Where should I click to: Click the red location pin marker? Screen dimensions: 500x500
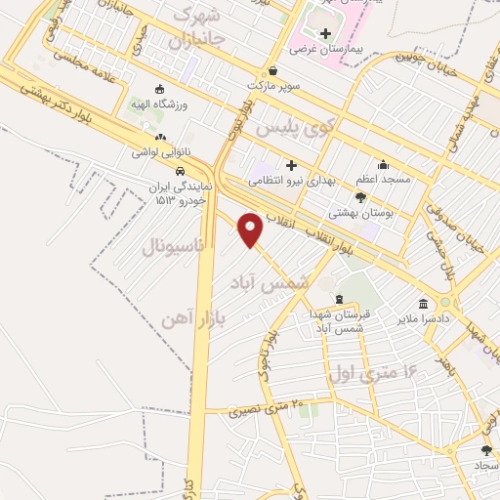[251, 229]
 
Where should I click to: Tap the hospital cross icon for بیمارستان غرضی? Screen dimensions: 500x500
[326, 33]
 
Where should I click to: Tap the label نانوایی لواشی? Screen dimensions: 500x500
[159, 152]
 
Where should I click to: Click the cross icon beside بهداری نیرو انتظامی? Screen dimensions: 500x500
[291, 165]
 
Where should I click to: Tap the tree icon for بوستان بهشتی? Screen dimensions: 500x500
[360, 197]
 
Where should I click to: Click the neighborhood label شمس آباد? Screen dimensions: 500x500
[270, 280]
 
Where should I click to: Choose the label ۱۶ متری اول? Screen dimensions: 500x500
[372, 371]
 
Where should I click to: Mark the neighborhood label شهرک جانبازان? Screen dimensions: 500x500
[204, 29]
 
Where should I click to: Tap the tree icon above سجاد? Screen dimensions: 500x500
[486, 450]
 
